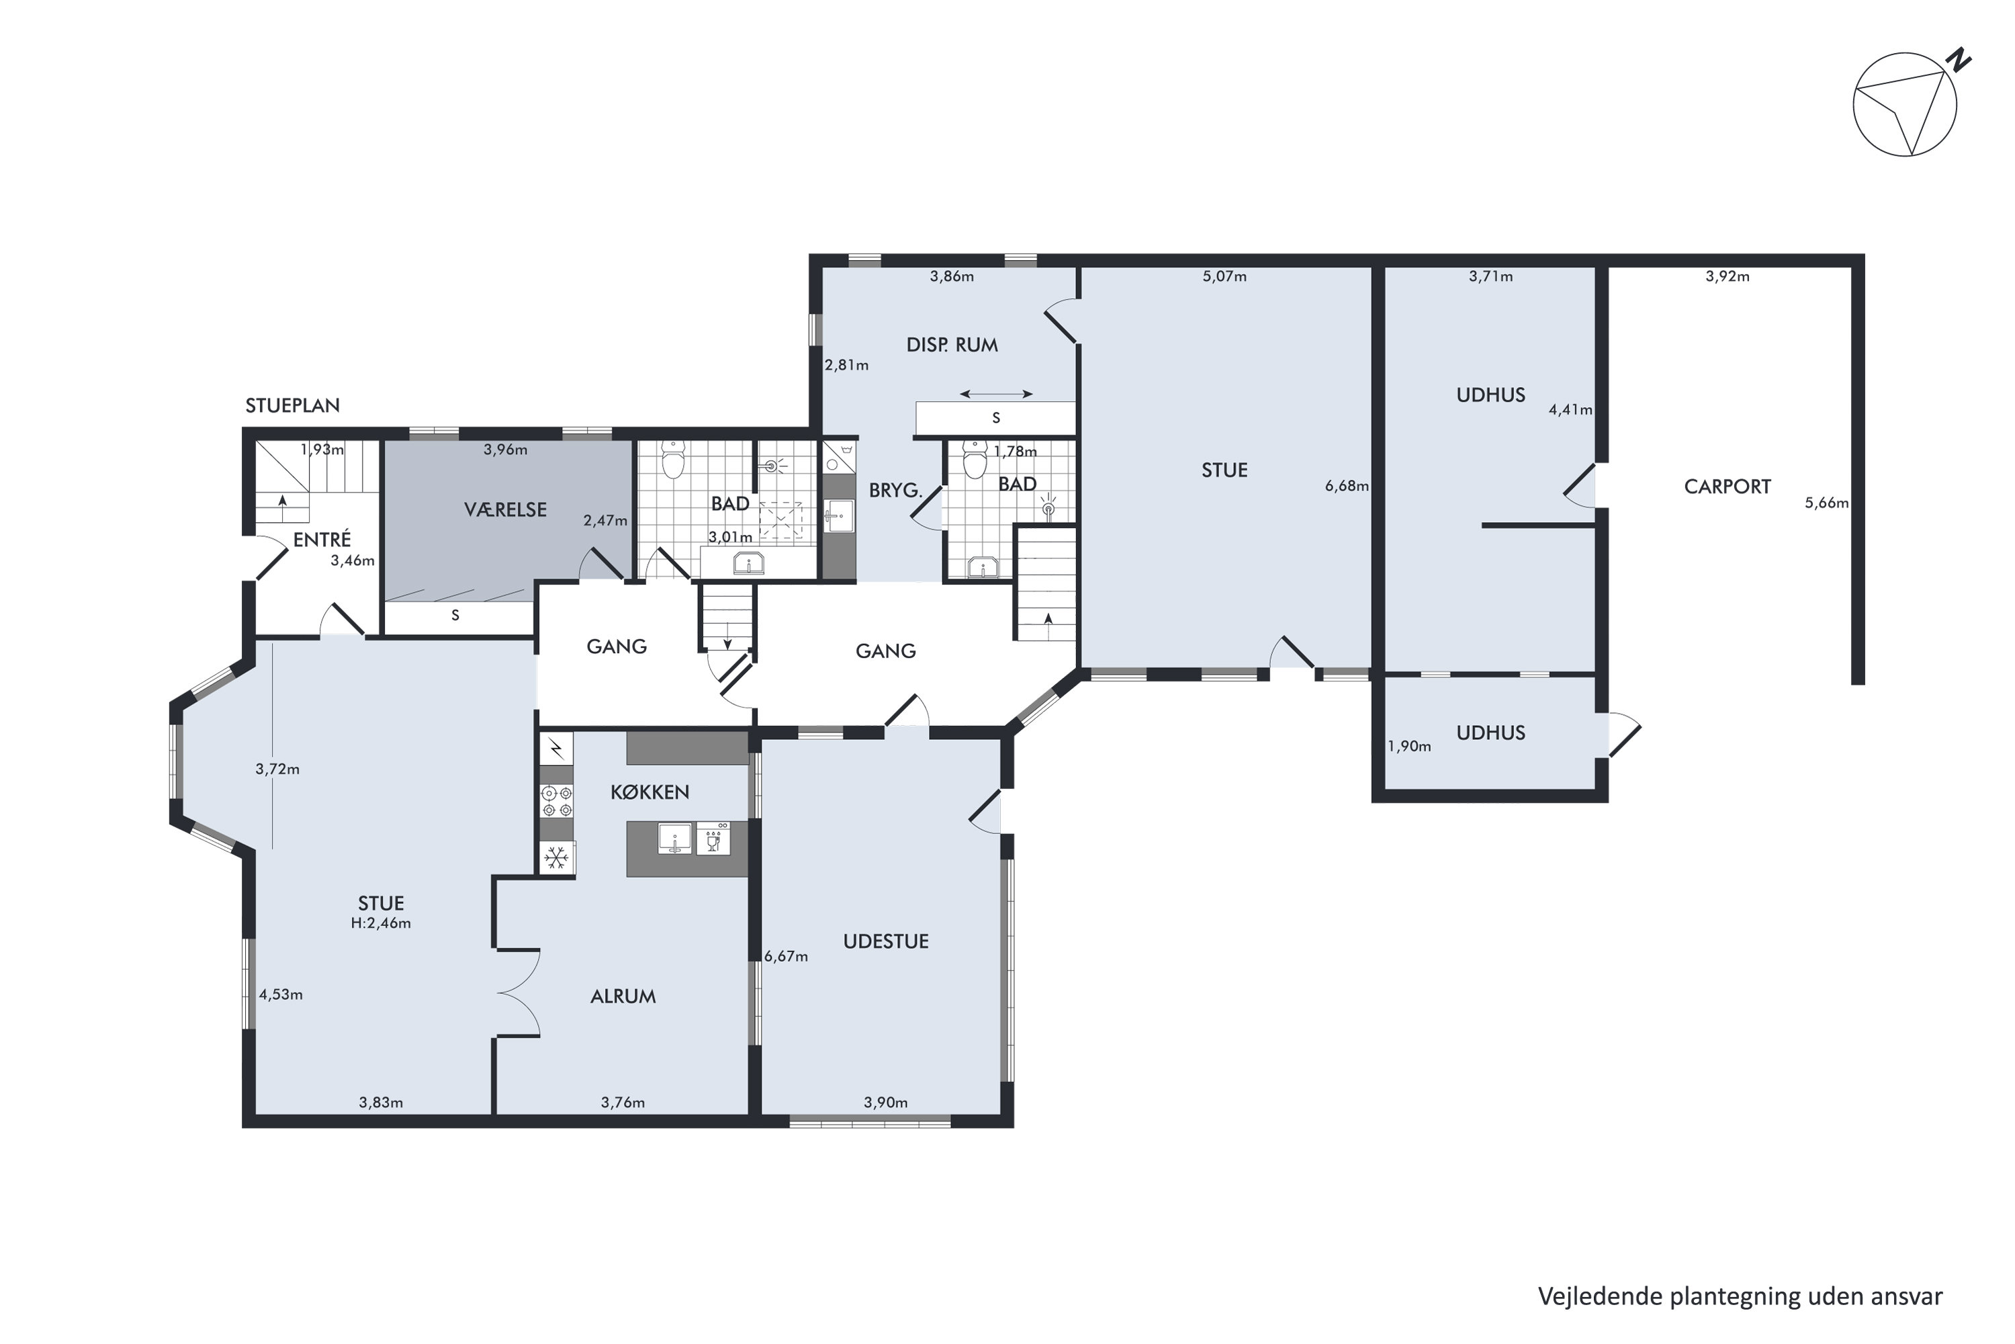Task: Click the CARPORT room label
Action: click(x=1727, y=487)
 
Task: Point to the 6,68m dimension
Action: click(x=1347, y=486)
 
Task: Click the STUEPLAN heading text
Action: click(x=292, y=405)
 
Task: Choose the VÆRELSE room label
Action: click(x=506, y=510)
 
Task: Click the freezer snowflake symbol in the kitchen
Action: click(x=557, y=857)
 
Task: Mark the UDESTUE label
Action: click(x=886, y=941)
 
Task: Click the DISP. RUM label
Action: click(x=952, y=345)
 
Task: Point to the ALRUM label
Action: click(x=623, y=996)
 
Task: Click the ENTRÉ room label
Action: click(x=322, y=539)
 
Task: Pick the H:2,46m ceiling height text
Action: click(x=382, y=923)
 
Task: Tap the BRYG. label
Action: click(x=895, y=491)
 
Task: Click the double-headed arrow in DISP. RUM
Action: click(x=995, y=394)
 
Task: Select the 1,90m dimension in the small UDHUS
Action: click(x=1409, y=747)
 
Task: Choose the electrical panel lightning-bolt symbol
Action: click(x=557, y=749)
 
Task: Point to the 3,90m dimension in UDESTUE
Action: click(x=886, y=1102)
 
